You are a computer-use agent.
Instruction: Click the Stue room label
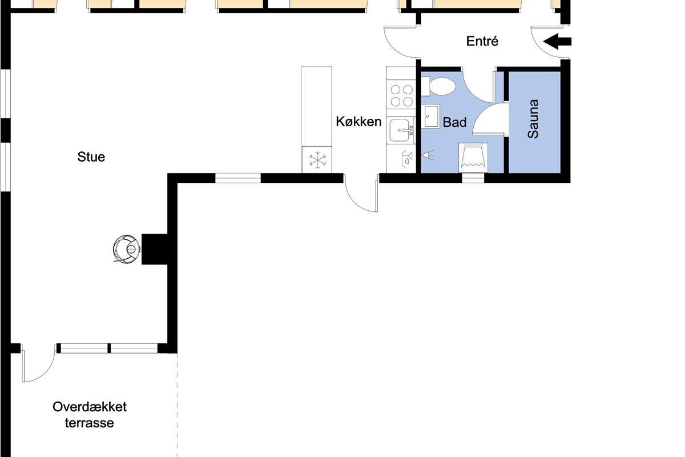91,157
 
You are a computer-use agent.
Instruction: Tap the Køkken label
358,122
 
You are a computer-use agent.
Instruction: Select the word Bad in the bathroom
454,122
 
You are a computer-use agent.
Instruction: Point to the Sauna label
533,119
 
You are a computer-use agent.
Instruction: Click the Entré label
482,41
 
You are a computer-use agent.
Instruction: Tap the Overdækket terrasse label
90,415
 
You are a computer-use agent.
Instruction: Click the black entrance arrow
557,41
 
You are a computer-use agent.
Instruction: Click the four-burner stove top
401,95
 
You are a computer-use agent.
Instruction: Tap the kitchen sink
401,130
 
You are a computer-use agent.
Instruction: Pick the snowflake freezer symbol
317,160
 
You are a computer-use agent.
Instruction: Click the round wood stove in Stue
127,249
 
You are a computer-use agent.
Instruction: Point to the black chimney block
155,249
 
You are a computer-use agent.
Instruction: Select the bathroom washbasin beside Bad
432,117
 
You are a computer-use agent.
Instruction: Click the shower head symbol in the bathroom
428,155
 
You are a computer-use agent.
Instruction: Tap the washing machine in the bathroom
473,158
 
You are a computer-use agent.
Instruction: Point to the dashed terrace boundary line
177,404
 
